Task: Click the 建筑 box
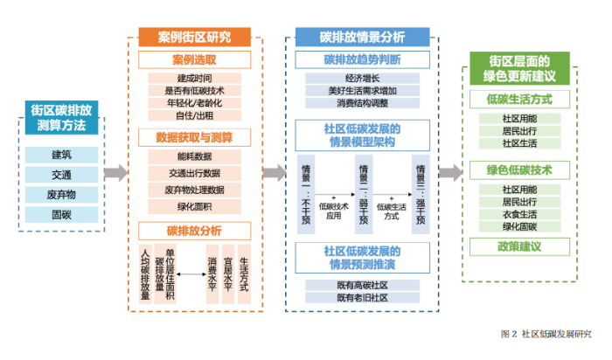61,155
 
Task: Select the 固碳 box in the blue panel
61,213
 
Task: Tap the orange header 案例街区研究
194,38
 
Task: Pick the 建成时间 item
194,77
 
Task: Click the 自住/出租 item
194,114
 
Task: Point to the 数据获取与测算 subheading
194,137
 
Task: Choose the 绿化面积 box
194,206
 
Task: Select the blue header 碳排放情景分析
362,38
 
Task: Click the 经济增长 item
361,78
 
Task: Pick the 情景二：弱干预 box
363,194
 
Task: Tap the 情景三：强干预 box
420,194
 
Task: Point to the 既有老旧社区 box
361,298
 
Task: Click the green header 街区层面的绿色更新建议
519,68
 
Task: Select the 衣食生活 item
519,214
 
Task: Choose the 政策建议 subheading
519,247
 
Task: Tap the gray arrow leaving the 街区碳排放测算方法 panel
115,172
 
